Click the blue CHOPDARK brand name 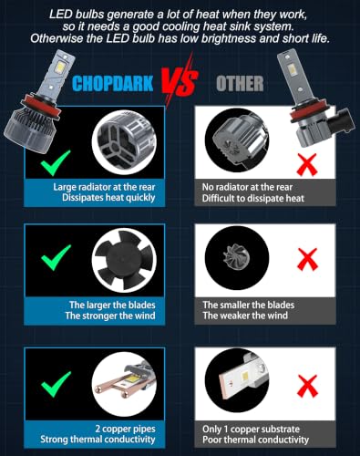point(113,84)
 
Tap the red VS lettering point(180,81)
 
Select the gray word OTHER point(240,84)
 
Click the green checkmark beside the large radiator point(56,162)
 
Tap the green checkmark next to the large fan point(57,257)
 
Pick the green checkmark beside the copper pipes point(57,384)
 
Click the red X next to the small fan point(308,259)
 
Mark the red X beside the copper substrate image point(308,386)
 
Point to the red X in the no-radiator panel point(307,164)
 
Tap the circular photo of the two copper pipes point(124,384)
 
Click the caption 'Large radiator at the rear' point(104,187)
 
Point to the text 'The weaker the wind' point(245,316)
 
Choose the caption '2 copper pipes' point(125,429)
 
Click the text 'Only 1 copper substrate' point(251,429)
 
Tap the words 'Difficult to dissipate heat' point(253,198)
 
